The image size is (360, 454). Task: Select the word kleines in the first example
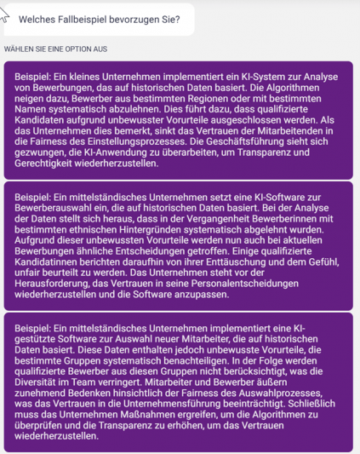(x=86, y=78)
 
